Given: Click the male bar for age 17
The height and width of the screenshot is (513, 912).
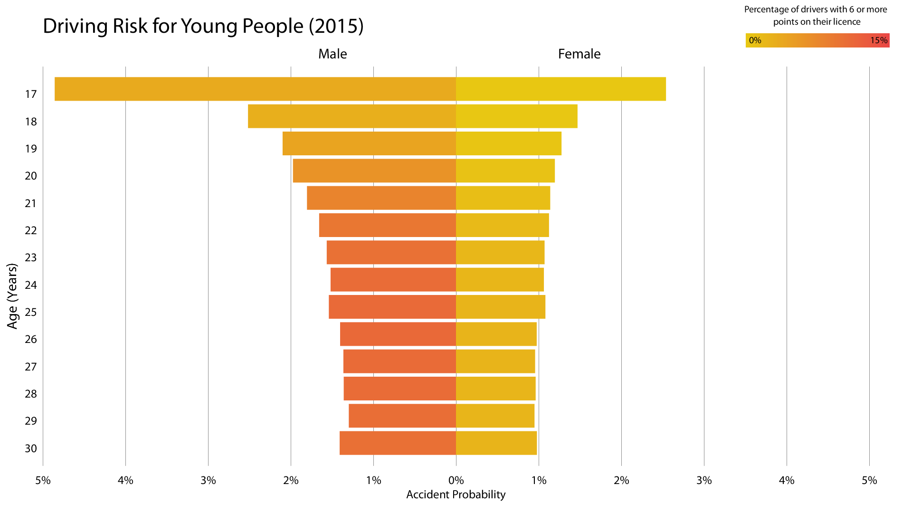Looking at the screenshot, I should [x=255, y=89].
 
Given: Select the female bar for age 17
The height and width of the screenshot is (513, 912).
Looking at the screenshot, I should [x=560, y=89].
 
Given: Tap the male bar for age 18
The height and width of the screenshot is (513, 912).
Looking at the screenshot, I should [x=351, y=116].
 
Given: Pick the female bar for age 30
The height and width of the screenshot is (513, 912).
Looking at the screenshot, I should [x=496, y=443].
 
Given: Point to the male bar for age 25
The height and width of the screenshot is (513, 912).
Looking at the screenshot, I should [x=392, y=307].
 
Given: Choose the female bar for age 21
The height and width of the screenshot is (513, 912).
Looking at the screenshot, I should [x=503, y=198].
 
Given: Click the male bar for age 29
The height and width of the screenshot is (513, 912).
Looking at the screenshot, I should [x=402, y=416].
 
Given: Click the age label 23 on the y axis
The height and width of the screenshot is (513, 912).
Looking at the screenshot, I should [x=31, y=257].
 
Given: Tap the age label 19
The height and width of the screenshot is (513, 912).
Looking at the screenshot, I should [x=31, y=149].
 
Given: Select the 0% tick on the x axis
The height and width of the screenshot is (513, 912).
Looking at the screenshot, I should [x=456, y=480].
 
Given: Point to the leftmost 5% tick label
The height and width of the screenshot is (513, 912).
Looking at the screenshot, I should [x=43, y=480].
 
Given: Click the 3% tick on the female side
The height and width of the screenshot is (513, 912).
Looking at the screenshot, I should [x=704, y=480].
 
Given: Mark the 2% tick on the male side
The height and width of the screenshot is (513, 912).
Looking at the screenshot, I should [x=291, y=480].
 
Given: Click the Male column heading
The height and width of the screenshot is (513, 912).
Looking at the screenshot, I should [x=332, y=54].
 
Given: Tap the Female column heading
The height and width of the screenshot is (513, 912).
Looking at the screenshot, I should [x=579, y=54].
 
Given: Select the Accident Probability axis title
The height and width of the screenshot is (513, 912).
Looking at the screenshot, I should [x=456, y=494].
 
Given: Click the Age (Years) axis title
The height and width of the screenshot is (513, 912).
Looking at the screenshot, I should [x=12, y=296].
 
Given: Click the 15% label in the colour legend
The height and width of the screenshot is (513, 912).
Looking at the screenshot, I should [x=879, y=40].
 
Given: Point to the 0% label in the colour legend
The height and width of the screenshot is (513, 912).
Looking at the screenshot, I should [x=755, y=40].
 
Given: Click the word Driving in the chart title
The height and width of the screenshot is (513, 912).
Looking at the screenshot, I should [x=76, y=26].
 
